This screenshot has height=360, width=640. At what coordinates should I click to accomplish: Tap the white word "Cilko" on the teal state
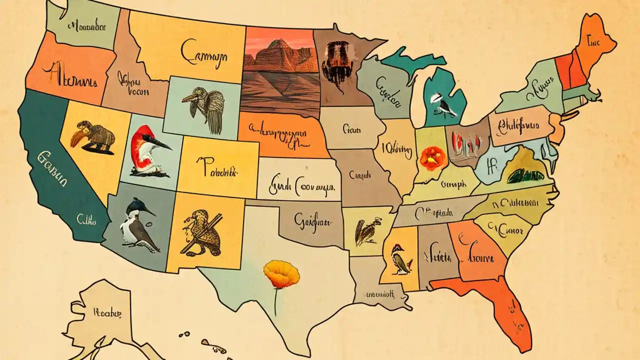tap(86, 218)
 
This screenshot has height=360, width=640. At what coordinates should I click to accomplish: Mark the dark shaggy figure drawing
tap(334, 58)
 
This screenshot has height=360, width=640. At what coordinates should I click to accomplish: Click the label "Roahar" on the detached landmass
tap(106, 313)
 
